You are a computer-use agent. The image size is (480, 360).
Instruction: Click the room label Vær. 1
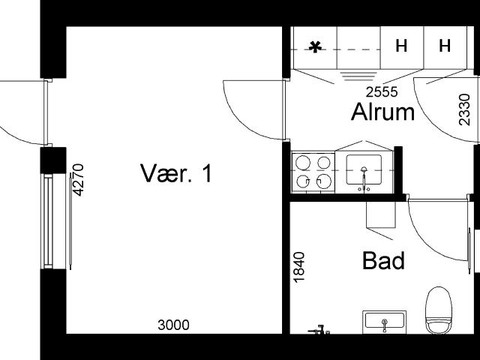click(x=175, y=173)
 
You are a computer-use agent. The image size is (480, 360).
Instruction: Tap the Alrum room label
click(x=382, y=112)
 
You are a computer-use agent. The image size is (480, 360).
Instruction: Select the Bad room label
click(x=383, y=261)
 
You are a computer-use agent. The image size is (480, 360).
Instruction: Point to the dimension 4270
click(x=78, y=180)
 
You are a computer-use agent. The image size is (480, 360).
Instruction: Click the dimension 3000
click(x=173, y=325)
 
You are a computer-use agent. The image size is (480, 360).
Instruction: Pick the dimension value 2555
click(x=382, y=91)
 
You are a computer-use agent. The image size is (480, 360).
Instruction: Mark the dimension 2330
click(x=464, y=109)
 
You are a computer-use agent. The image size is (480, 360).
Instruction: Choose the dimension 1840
click(x=299, y=267)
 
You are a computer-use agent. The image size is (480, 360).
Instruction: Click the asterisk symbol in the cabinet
click(x=315, y=47)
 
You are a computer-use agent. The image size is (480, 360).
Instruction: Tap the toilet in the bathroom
click(x=439, y=310)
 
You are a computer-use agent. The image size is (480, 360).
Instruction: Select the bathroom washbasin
click(x=384, y=322)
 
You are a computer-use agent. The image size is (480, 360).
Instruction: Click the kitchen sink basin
click(x=364, y=169)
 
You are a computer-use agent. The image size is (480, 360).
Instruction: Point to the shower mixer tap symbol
click(x=319, y=330)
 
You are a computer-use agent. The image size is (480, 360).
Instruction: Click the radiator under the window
click(x=70, y=221)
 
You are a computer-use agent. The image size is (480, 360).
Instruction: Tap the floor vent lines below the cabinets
click(x=358, y=76)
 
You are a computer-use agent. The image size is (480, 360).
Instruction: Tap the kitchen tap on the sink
click(x=364, y=179)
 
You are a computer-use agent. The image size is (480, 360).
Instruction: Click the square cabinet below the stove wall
click(x=381, y=215)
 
